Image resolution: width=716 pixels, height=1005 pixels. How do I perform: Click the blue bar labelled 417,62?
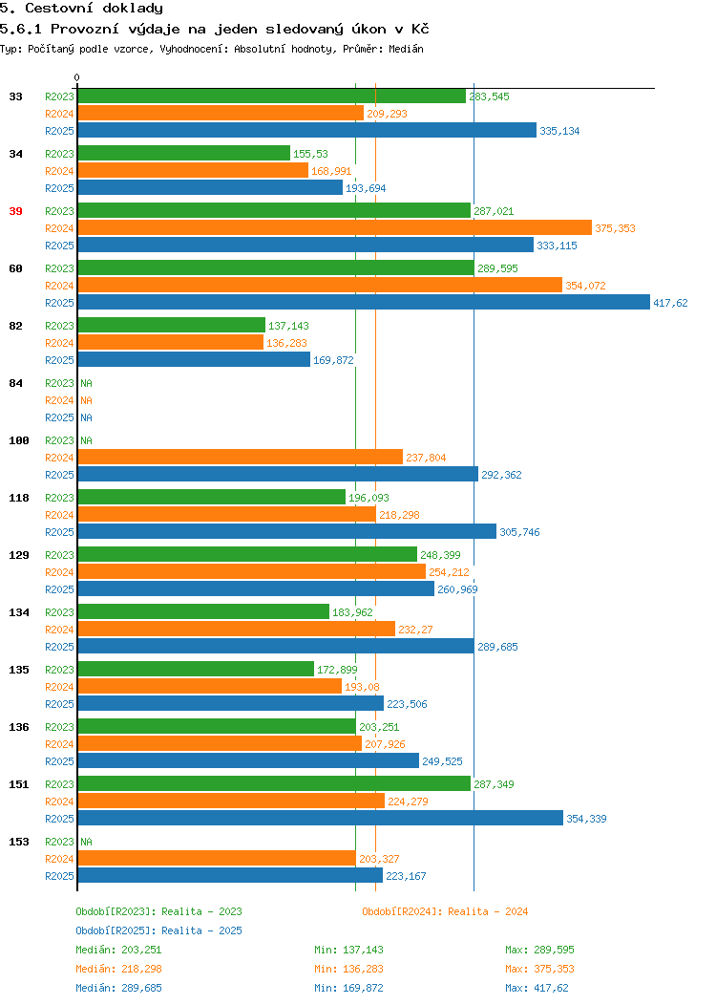pos(364,303)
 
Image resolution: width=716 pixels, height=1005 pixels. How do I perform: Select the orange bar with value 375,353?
pos(335,228)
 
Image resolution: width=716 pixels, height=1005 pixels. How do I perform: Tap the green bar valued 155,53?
pos(184,154)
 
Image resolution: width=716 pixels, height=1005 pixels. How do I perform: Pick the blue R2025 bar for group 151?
pos(320,819)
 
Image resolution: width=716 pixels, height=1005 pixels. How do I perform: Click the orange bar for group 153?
pos(217,859)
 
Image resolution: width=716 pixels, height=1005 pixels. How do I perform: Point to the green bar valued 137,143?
pos(172,326)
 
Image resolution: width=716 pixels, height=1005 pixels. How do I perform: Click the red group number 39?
pos(16,211)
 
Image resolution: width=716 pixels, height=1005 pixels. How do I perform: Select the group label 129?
pos(19,555)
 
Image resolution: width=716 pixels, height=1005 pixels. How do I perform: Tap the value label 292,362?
pos(501,475)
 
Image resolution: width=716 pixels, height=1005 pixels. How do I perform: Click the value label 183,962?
pos(352,612)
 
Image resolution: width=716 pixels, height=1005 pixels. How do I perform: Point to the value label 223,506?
pos(407,704)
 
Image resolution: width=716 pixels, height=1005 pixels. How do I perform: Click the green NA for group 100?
pos(87,440)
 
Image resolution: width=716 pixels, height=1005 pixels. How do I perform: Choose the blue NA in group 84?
pos(87,417)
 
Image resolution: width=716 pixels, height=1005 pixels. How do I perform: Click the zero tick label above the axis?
pos(77,77)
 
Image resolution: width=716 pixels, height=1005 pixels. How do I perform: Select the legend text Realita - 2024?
pos(488,911)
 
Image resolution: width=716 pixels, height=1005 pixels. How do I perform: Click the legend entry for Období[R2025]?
pos(158,930)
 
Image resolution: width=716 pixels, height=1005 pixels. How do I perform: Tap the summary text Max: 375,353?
pos(540,969)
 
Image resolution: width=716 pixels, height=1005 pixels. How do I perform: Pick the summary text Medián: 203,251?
pos(118,950)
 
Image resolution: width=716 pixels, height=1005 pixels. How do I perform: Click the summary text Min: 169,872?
pos(349,989)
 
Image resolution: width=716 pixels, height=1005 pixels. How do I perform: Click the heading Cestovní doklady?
pos(95,9)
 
